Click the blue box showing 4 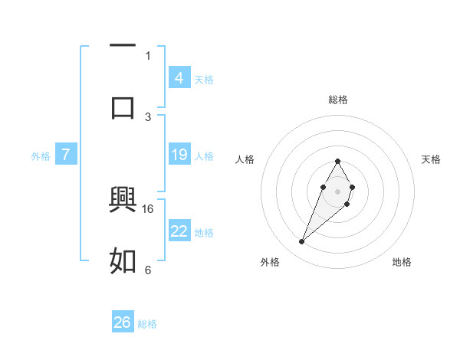179,78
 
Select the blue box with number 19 179,155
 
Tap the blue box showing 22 179,231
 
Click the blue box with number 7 66,155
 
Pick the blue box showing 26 123,322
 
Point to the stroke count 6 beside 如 148,270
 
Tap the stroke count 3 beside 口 148,116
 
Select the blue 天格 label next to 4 204,79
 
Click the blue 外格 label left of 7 41,156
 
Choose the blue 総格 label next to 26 147,324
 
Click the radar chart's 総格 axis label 338,100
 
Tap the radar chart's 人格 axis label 245,159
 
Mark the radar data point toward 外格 302,242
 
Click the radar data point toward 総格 337,161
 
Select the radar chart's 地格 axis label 402,263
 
